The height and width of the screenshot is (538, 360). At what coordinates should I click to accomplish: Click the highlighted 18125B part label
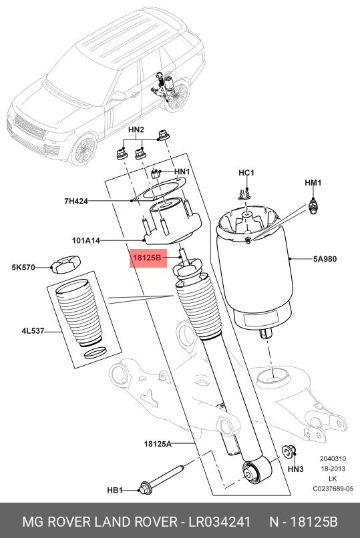(147, 256)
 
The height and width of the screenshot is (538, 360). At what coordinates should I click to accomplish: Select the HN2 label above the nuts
(136, 129)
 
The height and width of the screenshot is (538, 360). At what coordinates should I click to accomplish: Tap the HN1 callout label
(182, 172)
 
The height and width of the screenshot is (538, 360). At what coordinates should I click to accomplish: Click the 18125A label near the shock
(158, 443)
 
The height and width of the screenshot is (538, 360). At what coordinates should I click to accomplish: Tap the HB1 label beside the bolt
(115, 491)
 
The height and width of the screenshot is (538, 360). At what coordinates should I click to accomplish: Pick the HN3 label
(296, 470)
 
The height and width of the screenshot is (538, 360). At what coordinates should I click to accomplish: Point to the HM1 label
(313, 182)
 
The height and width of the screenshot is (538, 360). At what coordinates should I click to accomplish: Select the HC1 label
(247, 174)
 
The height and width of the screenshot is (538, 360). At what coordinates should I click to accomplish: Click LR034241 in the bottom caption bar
(211, 521)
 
